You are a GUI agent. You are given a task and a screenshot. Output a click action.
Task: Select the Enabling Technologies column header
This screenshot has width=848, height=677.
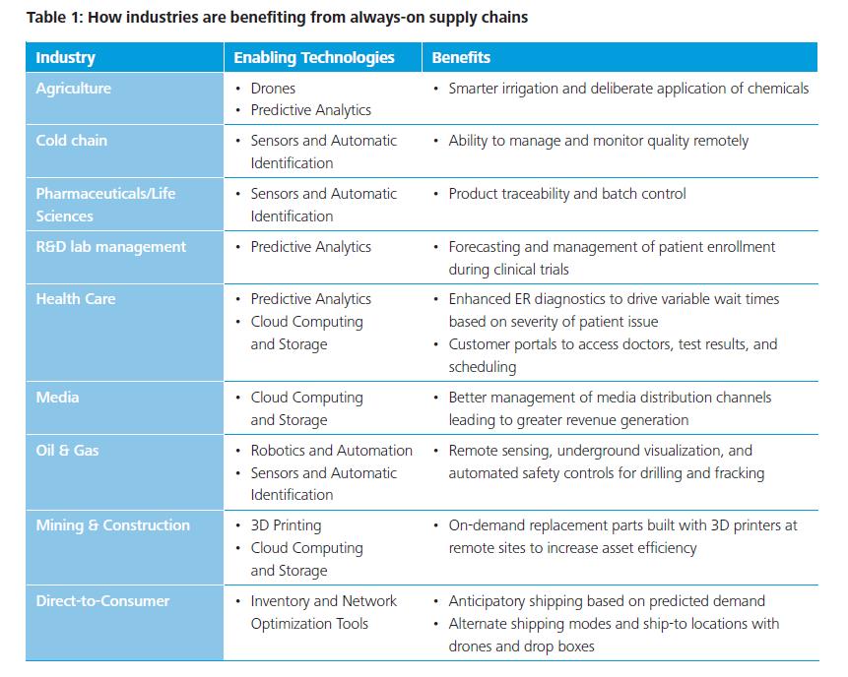(313, 57)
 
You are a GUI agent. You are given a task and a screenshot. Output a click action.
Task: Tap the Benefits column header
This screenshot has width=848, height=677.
(461, 57)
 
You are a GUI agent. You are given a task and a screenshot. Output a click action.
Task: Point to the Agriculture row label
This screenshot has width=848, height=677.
(74, 89)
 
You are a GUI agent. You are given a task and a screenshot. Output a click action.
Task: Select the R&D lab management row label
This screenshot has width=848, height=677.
(110, 247)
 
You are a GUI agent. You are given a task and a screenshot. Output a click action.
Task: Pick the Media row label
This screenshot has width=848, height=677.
(57, 398)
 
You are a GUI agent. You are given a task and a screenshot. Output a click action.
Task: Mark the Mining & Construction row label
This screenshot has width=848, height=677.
(112, 525)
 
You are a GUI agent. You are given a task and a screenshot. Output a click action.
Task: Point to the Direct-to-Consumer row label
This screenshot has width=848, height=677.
(102, 601)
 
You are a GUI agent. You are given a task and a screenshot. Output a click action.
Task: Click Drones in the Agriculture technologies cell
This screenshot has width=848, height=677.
(273, 89)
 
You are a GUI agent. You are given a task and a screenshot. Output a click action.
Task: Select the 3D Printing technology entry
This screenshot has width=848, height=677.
(286, 525)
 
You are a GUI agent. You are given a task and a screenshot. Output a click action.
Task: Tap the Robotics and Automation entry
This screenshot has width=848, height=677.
(331, 451)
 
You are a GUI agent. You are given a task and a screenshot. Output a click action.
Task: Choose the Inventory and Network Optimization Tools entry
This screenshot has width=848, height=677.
(323, 612)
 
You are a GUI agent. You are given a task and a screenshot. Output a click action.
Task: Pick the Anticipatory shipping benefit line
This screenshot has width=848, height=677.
(607, 601)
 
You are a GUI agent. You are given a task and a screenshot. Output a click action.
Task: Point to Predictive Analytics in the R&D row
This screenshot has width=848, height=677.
(310, 247)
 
